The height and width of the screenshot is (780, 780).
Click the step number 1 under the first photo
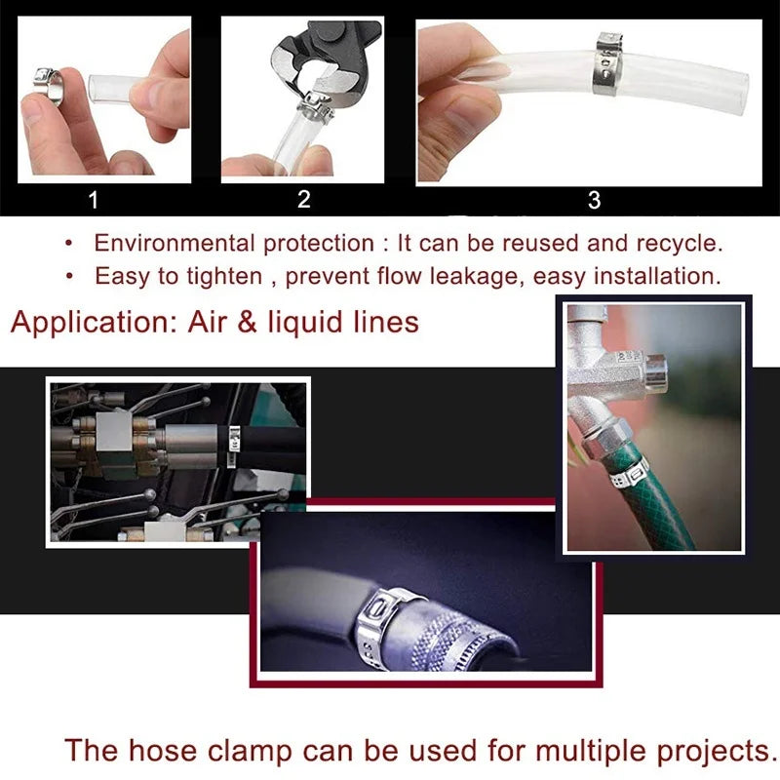[x=94, y=201]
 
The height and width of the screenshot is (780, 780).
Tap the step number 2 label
[x=303, y=200]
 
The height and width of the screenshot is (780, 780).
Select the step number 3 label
[x=594, y=201]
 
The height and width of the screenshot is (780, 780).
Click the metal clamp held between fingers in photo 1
[x=49, y=89]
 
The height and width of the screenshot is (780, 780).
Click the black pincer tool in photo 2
[x=322, y=58]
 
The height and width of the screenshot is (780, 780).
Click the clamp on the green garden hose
[x=623, y=473]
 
